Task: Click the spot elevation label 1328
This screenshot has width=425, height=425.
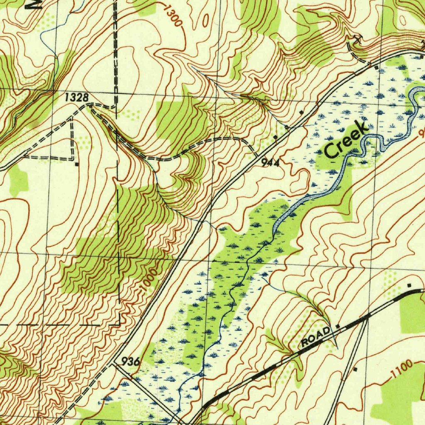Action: [77, 98]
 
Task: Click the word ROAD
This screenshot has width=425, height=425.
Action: [316, 337]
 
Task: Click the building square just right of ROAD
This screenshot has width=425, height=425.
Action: [338, 326]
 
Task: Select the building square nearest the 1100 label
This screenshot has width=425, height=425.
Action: [355, 369]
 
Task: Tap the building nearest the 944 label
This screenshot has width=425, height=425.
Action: [275, 137]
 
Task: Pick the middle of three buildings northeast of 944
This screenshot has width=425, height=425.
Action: [301, 112]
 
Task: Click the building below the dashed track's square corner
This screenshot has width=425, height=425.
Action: [77, 164]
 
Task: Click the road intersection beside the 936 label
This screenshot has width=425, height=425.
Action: [114, 364]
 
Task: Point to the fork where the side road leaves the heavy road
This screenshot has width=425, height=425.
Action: [367, 318]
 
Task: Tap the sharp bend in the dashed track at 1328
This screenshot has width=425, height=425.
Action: [90, 106]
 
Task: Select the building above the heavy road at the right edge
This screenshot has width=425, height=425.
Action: [409, 285]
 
